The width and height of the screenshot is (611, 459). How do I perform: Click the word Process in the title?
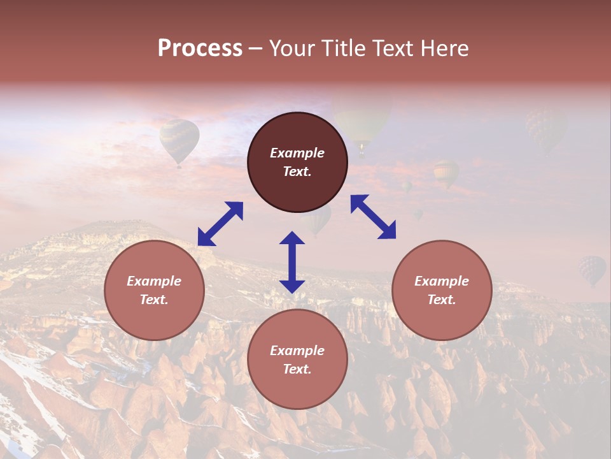(x=200, y=48)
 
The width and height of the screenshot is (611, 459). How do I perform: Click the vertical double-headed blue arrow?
(x=292, y=262)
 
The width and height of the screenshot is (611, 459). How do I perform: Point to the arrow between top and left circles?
(x=220, y=224)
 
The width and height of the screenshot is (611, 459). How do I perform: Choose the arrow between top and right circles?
(x=373, y=217)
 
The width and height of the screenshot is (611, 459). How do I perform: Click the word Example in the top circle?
(x=297, y=153)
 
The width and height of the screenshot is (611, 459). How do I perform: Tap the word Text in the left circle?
(x=154, y=300)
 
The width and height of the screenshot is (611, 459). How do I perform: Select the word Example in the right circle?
(x=442, y=281)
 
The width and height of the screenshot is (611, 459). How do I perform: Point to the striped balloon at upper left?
(x=179, y=141)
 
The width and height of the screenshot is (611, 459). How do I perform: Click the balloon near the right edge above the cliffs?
(x=592, y=270)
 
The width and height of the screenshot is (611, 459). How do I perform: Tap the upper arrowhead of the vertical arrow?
(x=292, y=238)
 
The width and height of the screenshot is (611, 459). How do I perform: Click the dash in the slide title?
(x=256, y=48)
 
